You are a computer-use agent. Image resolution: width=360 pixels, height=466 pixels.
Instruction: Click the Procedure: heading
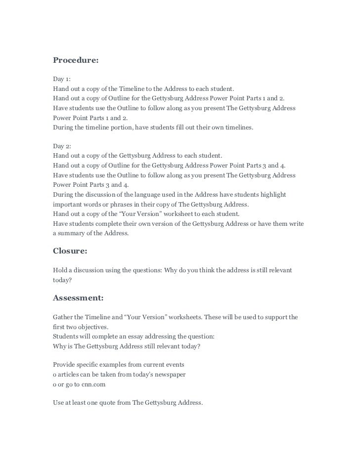76,60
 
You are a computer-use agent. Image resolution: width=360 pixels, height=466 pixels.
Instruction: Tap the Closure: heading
70,251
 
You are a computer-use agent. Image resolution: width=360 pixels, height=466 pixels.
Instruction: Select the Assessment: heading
78,298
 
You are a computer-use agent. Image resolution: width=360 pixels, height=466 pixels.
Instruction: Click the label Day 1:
61,79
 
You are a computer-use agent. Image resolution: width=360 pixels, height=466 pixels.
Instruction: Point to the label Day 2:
61,146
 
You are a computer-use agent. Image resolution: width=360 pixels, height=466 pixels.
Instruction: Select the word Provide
65,365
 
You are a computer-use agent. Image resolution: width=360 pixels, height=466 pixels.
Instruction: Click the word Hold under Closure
60,270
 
